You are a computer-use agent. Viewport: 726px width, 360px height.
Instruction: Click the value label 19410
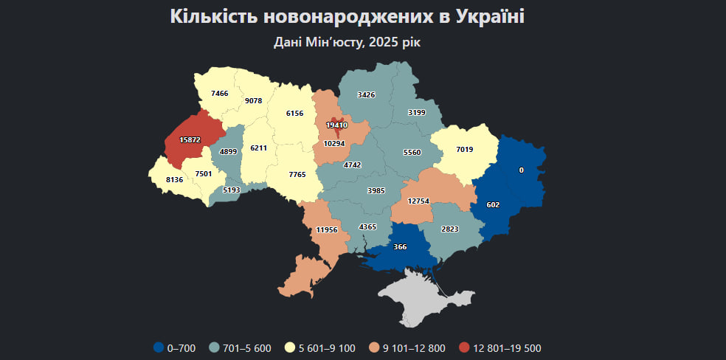336,125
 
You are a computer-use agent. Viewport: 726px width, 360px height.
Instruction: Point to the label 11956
326,230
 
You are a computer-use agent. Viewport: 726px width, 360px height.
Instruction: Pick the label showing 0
521,170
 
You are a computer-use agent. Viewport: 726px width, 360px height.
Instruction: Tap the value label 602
494,205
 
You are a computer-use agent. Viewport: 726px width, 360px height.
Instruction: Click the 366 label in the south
401,246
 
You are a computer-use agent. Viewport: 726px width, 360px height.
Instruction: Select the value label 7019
464,150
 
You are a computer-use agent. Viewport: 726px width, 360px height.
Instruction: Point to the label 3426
367,95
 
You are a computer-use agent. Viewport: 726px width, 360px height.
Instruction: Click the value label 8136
175,179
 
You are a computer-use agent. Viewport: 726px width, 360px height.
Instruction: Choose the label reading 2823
449,229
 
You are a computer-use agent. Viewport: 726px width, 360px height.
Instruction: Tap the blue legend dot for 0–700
158,348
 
